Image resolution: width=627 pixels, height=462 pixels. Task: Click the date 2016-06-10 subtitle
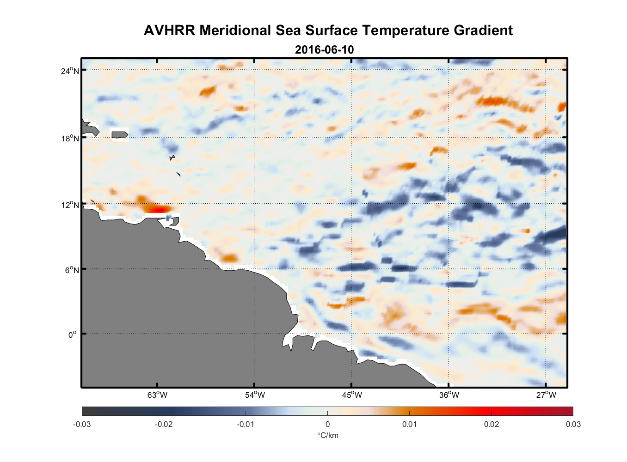tap(324, 50)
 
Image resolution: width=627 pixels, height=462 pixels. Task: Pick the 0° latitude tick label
tap(73, 334)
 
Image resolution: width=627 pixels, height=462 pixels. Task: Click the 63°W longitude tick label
tap(157, 395)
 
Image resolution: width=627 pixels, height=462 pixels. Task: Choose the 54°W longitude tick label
tap(255, 395)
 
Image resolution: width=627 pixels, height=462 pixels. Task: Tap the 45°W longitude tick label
tap(352, 395)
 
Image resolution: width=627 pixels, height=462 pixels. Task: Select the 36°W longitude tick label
tap(449, 395)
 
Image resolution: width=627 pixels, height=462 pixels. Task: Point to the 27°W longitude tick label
tap(546, 395)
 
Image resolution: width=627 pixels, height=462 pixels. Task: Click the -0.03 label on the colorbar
tap(82, 424)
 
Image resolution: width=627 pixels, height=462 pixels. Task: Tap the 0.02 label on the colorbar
tap(492, 424)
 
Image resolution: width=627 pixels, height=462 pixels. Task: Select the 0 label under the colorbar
tap(327, 424)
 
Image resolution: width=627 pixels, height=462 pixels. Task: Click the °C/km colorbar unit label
tap(327, 435)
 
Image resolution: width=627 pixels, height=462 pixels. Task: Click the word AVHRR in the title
tap(169, 30)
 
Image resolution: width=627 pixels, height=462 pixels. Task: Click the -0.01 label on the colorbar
tap(246, 424)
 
